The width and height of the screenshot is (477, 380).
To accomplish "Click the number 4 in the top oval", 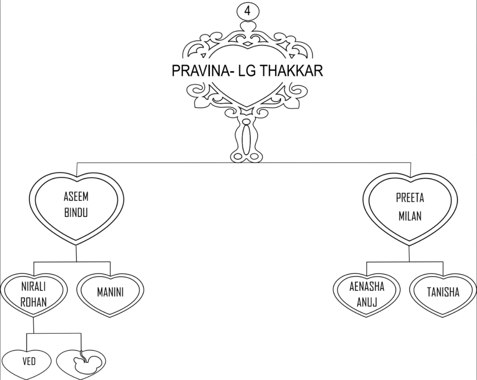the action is point(247,11).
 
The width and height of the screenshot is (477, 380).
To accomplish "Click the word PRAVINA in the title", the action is point(201,70).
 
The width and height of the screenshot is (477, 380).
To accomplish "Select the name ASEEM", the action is point(76,197).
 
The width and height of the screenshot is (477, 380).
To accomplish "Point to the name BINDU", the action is point(76,212).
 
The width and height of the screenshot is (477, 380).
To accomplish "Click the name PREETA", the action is point(410,198).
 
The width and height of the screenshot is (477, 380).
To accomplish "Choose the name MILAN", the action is point(410,216).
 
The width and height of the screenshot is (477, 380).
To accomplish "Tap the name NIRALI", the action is point(34,287).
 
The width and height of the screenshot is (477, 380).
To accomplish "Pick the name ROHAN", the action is point(34,302).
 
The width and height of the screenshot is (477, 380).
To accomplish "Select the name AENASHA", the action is point(367,287).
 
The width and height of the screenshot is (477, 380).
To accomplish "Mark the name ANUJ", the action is point(367,302).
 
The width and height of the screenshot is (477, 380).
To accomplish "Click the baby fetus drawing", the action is point(86,362).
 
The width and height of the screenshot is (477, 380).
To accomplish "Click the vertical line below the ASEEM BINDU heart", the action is point(76,253).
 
